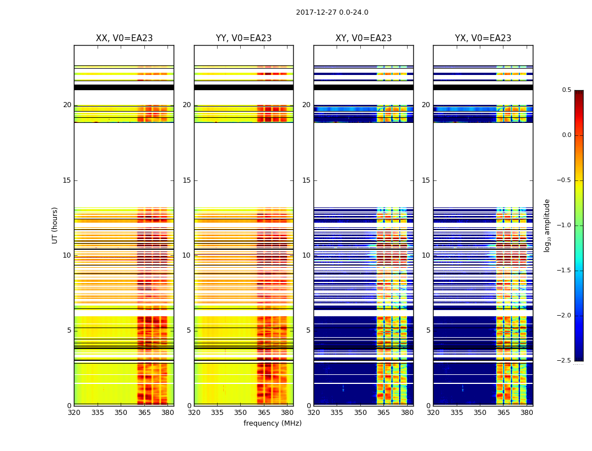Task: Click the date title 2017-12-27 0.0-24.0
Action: point(332,12)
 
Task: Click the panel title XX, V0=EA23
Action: point(124,38)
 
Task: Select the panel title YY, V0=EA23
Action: point(244,38)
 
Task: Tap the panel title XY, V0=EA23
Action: point(364,38)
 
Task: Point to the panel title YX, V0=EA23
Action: point(483,38)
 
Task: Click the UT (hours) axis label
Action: point(55,225)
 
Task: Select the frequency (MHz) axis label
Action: point(272,423)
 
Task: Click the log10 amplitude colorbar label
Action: point(547,225)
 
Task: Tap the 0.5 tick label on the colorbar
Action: point(566,90)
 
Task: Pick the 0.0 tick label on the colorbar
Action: point(566,135)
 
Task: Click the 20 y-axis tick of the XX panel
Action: point(67,105)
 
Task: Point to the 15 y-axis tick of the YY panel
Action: point(187,180)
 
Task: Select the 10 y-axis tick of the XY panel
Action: point(306,255)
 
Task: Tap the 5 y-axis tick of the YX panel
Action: point(427,330)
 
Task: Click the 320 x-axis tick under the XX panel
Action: point(74,413)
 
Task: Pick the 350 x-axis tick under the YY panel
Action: point(241,413)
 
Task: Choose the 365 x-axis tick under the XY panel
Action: point(383,413)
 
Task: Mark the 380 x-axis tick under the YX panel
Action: point(527,413)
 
